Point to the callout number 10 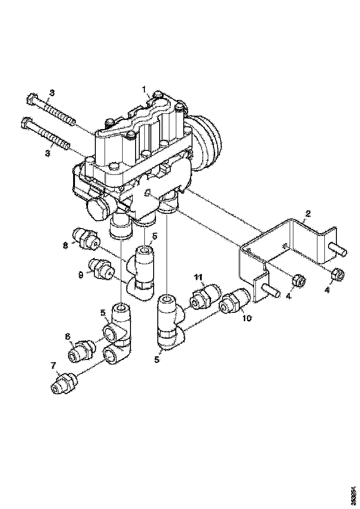[x=246, y=319]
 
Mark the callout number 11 [x=198, y=277]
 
